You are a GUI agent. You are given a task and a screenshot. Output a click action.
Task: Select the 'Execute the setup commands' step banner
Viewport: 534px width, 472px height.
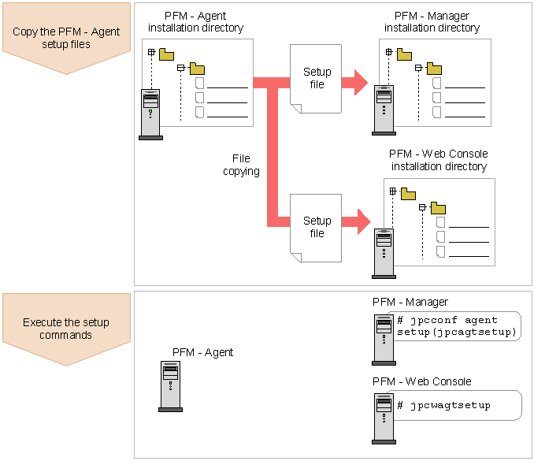(66, 329)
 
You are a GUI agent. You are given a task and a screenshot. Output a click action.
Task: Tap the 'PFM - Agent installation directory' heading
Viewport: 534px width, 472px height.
(196, 22)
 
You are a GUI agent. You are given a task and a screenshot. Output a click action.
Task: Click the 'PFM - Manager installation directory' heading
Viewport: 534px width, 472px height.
(432, 22)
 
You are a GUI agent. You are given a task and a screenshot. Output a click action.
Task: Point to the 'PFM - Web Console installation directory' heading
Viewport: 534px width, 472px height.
(439, 160)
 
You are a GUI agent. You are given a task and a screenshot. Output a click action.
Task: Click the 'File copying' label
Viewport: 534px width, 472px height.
(241, 165)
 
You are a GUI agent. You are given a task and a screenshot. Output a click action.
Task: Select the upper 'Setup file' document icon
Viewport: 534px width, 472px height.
(316, 78)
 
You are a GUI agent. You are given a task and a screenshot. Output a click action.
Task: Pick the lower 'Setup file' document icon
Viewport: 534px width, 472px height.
(316, 227)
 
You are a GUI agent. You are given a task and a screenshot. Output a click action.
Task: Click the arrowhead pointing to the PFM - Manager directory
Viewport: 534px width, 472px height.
(360, 80)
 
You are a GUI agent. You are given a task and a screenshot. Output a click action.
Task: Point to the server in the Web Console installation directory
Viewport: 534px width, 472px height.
(384, 252)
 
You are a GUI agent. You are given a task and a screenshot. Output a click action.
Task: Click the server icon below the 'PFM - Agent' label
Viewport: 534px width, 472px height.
(170, 386)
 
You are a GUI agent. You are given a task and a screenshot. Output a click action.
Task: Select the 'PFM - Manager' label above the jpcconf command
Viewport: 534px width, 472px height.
(410, 302)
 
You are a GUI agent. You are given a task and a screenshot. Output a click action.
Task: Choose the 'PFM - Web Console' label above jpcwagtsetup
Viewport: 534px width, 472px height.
(421, 381)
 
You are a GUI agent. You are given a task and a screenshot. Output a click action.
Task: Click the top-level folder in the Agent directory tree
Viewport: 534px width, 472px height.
(167, 54)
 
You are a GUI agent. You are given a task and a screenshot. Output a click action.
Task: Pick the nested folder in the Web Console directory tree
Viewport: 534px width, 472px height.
(438, 208)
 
